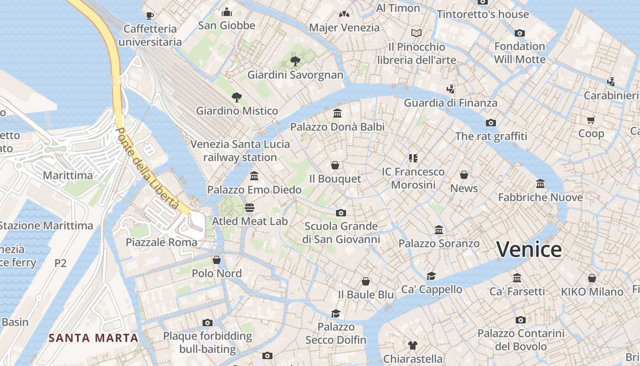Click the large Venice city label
coord(529,250)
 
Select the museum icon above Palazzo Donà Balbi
coord(338,113)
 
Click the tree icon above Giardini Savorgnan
coord(295,61)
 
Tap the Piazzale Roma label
coord(161,242)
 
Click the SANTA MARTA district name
coord(93,338)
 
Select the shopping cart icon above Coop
coord(591,120)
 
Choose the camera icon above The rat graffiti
coord(491,123)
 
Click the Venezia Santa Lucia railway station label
coord(240,151)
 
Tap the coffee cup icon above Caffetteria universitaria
coord(149,16)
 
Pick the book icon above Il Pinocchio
coord(416,33)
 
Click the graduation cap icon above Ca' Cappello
coord(431,275)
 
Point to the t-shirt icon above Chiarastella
coord(413,345)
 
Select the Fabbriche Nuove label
coord(540,198)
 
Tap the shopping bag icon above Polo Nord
coord(217,260)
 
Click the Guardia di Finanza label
coord(450,103)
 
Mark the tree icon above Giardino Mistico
coord(237,97)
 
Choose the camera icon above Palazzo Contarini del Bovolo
coord(521,320)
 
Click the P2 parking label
coord(60,263)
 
